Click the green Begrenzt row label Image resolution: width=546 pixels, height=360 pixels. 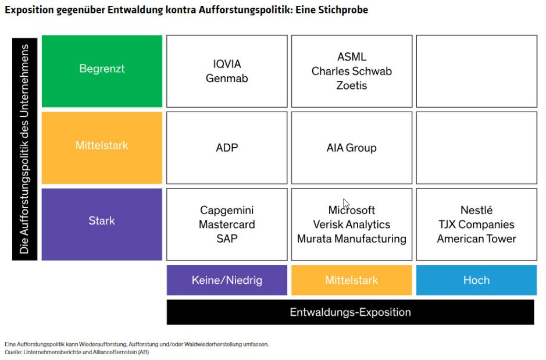102,69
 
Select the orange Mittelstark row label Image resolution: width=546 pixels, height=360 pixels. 102,145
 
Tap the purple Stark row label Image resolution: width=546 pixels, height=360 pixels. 102,221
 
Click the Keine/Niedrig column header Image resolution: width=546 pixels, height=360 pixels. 227,280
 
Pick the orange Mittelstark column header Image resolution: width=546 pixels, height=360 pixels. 351,280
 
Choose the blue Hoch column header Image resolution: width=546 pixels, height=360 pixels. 476,280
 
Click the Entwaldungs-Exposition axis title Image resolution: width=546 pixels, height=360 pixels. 350,312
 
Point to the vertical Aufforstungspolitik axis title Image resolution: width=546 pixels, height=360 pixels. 24,149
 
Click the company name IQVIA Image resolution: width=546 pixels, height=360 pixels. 227,64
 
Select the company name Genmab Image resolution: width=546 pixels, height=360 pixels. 227,78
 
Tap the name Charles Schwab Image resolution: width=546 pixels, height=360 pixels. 352,72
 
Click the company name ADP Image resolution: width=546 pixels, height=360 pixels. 227,148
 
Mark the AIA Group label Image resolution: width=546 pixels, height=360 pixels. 351,148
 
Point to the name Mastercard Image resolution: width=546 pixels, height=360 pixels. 227,224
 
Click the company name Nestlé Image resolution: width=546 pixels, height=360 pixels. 476,211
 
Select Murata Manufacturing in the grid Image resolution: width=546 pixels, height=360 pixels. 351,239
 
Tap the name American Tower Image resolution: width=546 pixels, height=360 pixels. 476,239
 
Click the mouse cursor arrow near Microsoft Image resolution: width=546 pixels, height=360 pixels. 345,204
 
